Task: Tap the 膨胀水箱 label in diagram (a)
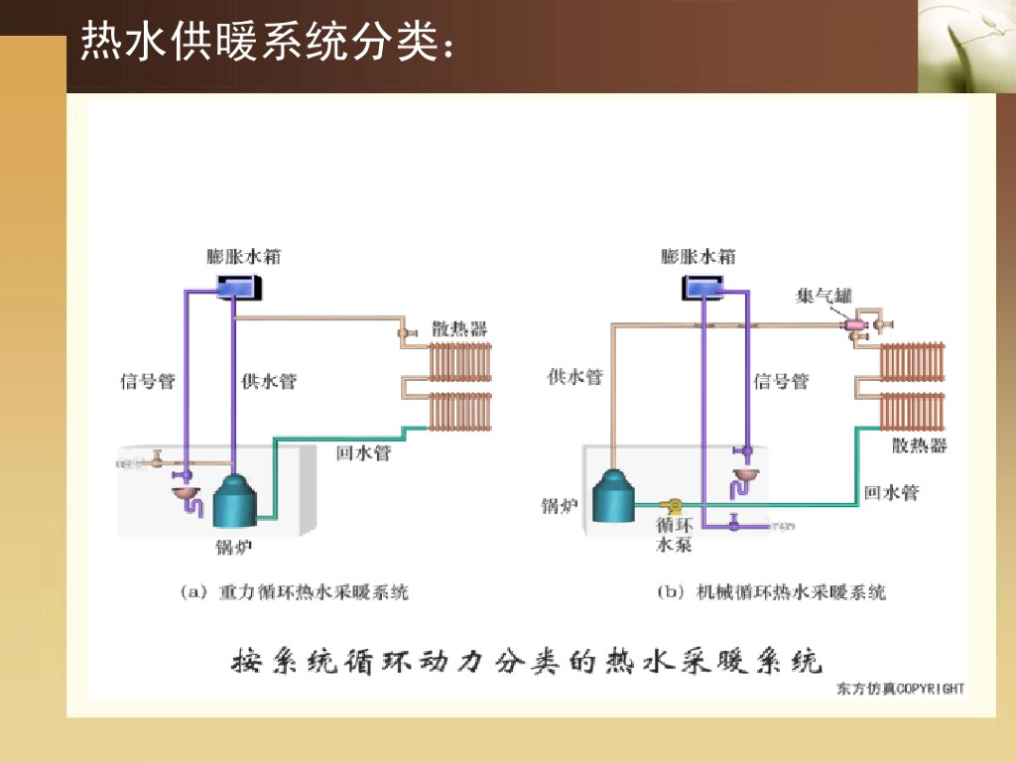pos(244,256)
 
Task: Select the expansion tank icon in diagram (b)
pos(703,287)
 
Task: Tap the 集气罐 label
pos(824,295)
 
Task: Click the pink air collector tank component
pos(853,324)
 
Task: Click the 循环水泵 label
pos(674,534)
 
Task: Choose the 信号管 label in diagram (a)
pos(148,380)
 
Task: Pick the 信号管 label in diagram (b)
pos(781,380)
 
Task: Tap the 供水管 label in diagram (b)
pos(575,376)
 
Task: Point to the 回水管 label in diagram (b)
pos(891,492)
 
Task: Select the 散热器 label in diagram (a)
pos(459,328)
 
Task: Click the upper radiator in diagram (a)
pos(459,362)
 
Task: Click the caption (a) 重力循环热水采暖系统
pos(295,592)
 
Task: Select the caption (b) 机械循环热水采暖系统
pos(772,592)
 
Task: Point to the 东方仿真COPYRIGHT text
pos(900,688)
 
